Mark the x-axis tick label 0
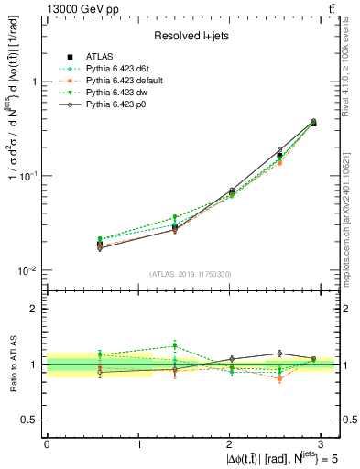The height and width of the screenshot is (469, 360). pos(47,443)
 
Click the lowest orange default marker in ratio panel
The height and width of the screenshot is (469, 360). pos(255,379)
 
